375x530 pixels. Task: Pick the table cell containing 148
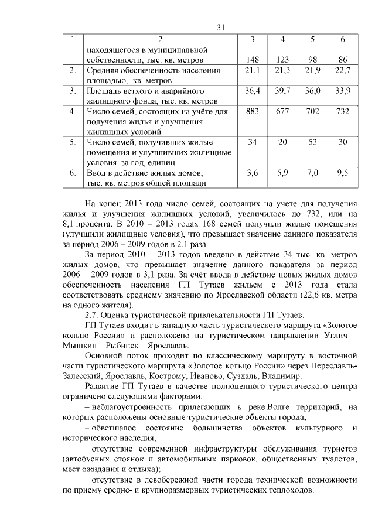[252, 60]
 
